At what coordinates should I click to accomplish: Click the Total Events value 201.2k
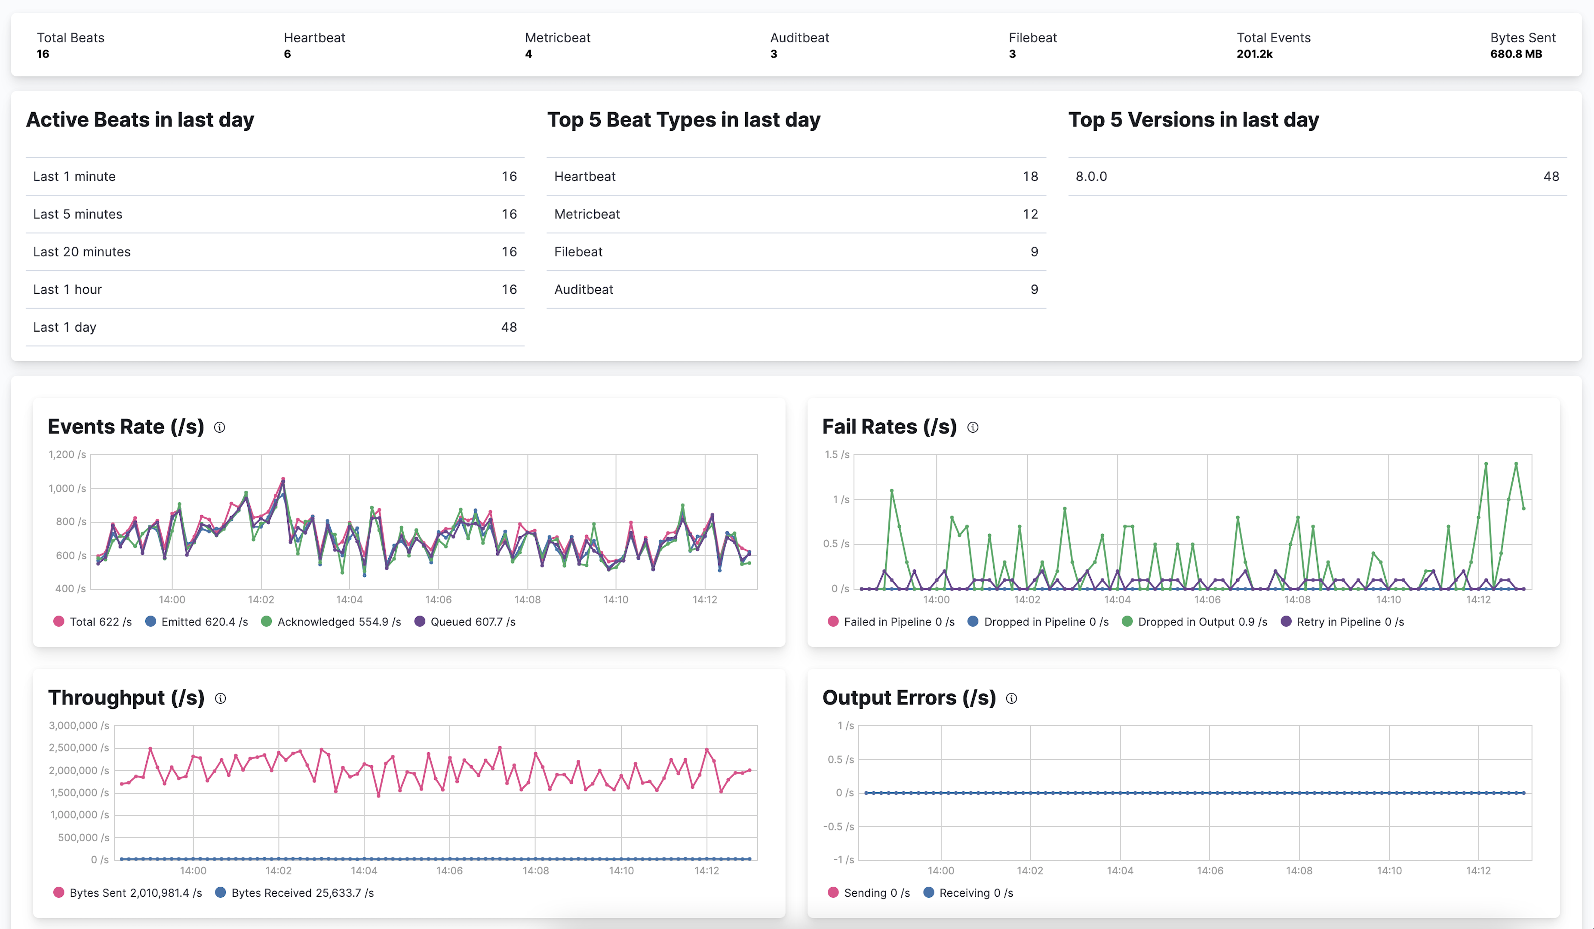1254,54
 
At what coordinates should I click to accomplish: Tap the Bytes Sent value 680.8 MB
1516,54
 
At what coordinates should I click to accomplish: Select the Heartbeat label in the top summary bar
314,37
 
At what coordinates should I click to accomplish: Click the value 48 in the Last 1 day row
509,327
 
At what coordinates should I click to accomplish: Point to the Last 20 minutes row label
82,252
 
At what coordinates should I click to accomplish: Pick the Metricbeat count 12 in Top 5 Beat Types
1030,214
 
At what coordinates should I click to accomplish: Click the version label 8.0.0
1091,177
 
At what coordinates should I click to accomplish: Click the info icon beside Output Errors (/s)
1011,698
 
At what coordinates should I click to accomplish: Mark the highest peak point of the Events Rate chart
283,479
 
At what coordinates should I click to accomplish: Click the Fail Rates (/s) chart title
889,427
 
